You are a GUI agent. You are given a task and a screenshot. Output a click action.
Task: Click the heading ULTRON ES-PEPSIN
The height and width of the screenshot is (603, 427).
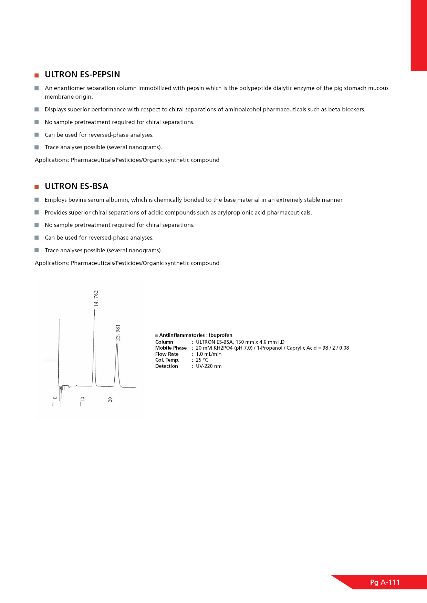82,75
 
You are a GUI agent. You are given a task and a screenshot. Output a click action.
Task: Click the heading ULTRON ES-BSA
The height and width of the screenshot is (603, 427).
76,186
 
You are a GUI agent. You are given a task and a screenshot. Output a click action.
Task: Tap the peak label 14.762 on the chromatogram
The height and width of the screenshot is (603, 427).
96,298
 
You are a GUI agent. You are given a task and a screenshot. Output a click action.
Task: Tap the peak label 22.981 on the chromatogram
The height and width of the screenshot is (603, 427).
118,332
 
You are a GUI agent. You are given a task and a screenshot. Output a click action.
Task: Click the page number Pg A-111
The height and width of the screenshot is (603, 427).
385,582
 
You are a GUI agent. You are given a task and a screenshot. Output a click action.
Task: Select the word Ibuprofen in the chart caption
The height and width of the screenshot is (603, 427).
221,335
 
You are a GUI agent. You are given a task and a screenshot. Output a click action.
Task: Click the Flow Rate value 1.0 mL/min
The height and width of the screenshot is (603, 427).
209,354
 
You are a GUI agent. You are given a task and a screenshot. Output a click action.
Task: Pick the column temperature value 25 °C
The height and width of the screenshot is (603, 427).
202,360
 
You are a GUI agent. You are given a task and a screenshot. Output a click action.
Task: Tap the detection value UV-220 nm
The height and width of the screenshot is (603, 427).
209,366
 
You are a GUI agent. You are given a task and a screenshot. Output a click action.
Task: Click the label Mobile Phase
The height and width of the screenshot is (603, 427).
171,348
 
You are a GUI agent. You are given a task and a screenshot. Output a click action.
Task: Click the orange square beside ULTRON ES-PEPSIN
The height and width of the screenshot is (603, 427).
37,75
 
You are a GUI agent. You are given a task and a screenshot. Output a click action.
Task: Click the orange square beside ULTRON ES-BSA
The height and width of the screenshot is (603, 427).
37,187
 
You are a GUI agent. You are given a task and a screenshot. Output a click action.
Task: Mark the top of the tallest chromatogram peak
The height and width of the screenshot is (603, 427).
94,310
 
